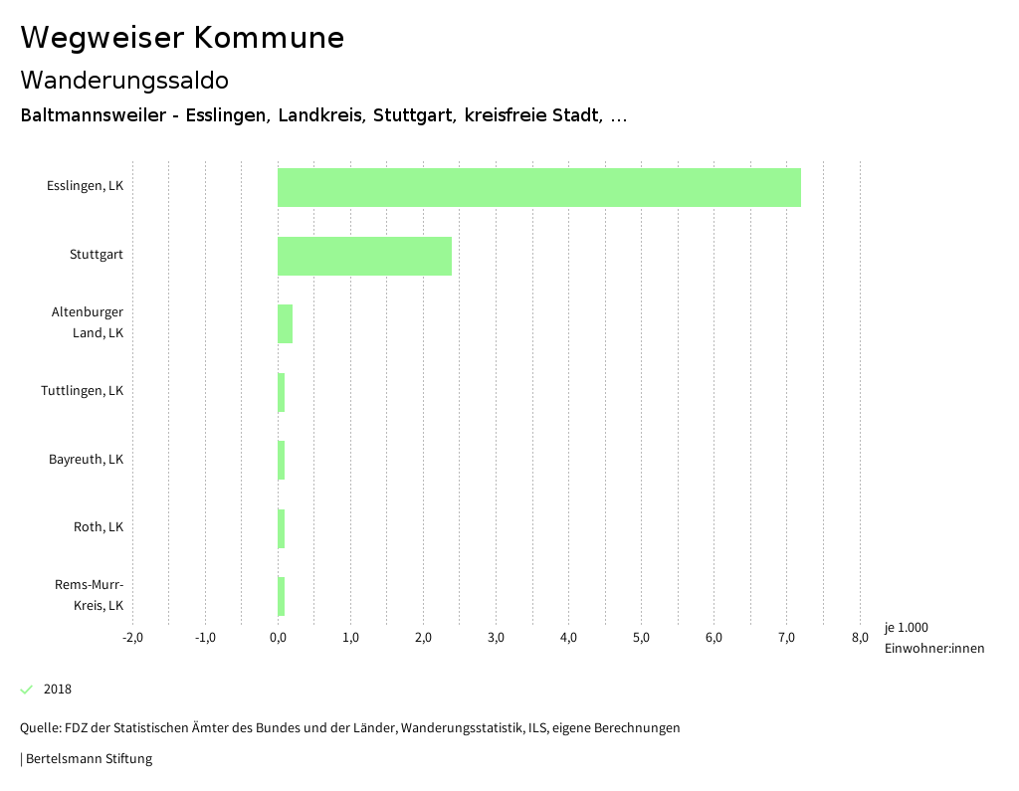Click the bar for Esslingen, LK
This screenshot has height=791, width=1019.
[538, 187]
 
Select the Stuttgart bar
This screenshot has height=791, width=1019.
[364, 256]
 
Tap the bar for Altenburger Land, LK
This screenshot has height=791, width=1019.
[285, 324]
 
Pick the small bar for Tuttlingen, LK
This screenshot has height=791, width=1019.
[282, 392]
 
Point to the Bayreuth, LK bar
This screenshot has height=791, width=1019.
[282, 461]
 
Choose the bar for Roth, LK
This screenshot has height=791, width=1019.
[282, 528]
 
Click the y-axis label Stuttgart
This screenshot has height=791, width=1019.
[97, 255]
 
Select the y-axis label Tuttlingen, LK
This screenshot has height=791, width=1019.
[83, 391]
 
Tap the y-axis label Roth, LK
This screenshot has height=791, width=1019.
[99, 527]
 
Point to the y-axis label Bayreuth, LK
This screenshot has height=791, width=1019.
[87, 460]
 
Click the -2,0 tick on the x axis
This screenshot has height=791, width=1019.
[132, 638]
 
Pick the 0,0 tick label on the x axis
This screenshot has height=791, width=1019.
[278, 638]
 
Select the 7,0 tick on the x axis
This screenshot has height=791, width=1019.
[786, 638]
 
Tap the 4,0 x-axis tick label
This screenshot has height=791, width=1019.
[568, 638]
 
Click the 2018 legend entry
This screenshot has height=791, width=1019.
[57, 690]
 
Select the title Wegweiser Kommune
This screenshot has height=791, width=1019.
[182, 38]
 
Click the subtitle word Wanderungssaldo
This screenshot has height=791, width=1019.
[124, 81]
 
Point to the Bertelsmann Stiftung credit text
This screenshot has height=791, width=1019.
[88, 759]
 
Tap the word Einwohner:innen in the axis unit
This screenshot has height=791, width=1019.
[933, 649]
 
